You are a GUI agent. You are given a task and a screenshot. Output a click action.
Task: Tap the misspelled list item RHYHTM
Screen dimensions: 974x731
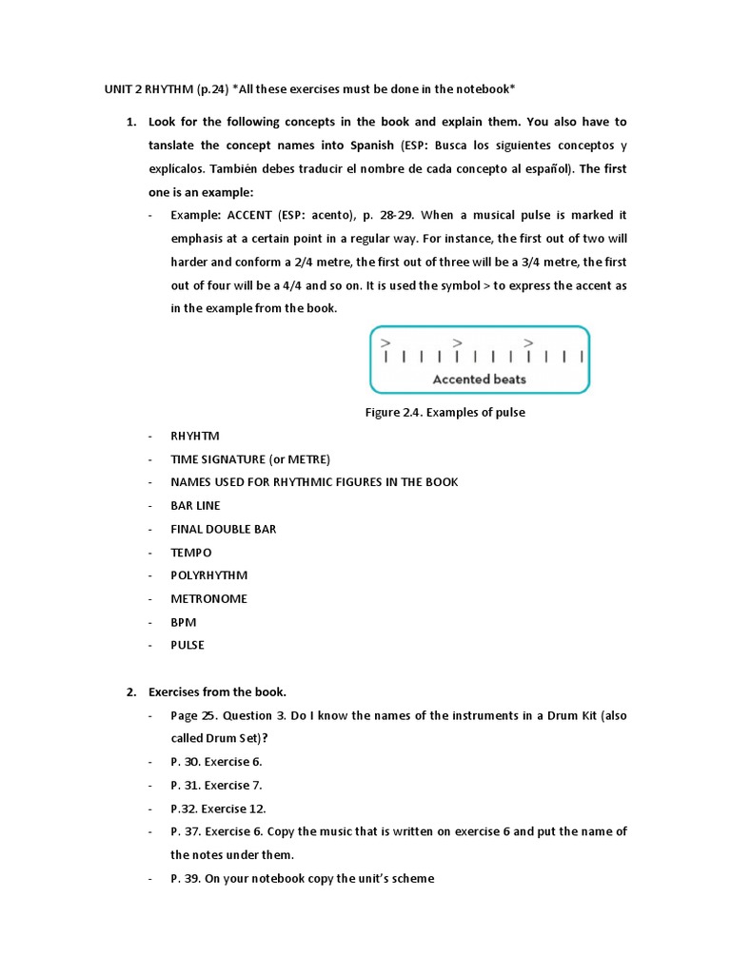click(x=195, y=436)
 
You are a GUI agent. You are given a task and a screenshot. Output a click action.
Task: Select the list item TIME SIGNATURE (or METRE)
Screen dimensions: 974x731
click(x=231, y=459)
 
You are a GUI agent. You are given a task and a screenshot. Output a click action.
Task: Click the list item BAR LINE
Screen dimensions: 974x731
click(x=195, y=506)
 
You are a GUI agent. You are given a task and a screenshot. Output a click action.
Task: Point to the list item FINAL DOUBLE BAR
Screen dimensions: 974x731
click(x=224, y=529)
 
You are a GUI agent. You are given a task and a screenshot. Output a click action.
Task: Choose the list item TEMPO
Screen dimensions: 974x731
click(x=191, y=553)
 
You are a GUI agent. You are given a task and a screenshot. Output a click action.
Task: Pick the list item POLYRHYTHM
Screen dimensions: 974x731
click(x=208, y=575)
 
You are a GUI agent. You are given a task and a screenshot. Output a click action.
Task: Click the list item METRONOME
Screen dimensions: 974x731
click(x=208, y=599)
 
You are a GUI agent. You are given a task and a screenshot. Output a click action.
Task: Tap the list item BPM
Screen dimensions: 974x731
click(x=184, y=622)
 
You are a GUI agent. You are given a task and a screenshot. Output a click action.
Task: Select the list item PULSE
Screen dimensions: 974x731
click(x=188, y=645)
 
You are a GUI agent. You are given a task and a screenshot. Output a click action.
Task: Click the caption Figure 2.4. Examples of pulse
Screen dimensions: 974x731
click(x=445, y=413)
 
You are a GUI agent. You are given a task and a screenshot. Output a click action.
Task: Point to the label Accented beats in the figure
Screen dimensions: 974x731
click(x=479, y=379)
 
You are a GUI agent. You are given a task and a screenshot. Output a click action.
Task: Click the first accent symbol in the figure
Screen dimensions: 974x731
click(x=385, y=342)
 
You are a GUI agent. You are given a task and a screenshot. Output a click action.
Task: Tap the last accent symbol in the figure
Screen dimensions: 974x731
click(x=528, y=342)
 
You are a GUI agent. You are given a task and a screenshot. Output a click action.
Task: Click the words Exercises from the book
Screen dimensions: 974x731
click(x=217, y=692)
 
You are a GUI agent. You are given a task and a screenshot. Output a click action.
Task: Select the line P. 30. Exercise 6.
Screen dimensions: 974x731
click(x=216, y=762)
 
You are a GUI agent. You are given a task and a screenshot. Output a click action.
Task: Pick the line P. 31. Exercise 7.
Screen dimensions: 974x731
click(x=216, y=785)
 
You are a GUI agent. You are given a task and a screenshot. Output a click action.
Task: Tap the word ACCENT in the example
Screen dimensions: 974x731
click(x=248, y=215)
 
